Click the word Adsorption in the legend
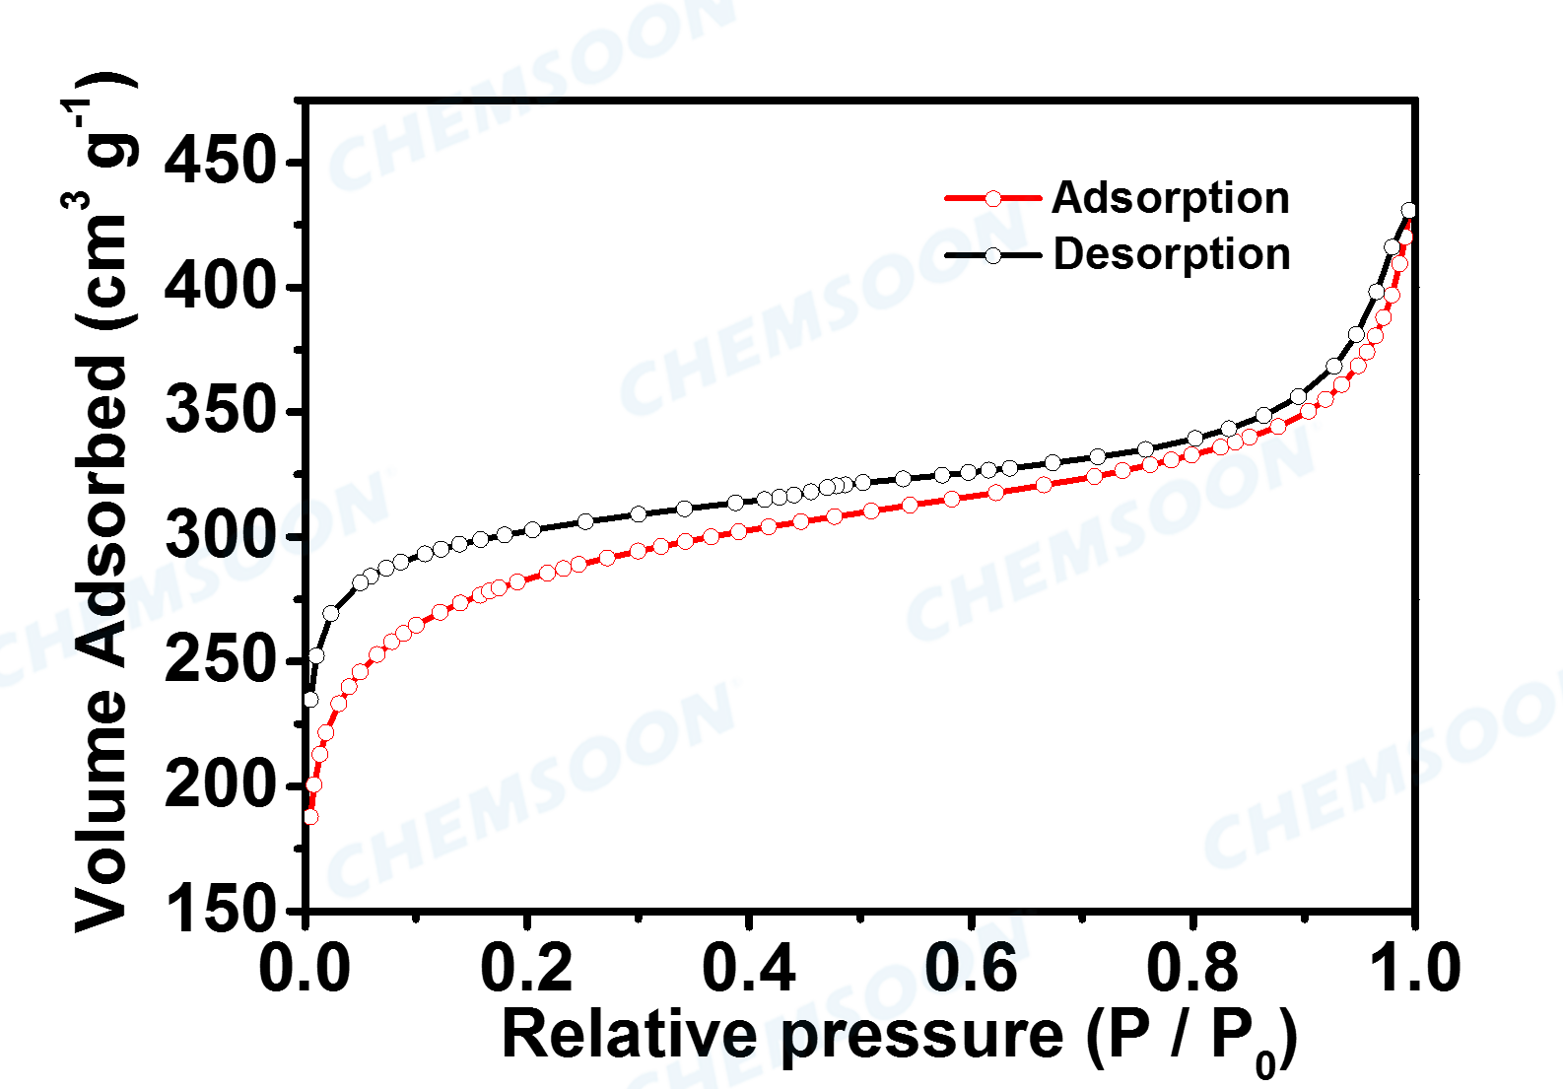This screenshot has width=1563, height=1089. pyautogui.click(x=1171, y=198)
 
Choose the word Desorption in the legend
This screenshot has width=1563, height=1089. pyautogui.click(x=1172, y=254)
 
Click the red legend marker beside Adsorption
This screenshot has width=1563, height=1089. pyautogui.click(x=993, y=198)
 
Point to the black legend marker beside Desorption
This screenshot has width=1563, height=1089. pyautogui.click(x=993, y=255)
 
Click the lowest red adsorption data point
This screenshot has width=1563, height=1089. pyautogui.click(x=310, y=817)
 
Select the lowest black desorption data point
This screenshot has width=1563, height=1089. pyautogui.click(x=310, y=700)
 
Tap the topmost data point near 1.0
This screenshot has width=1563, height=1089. pyautogui.click(x=1409, y=210)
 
